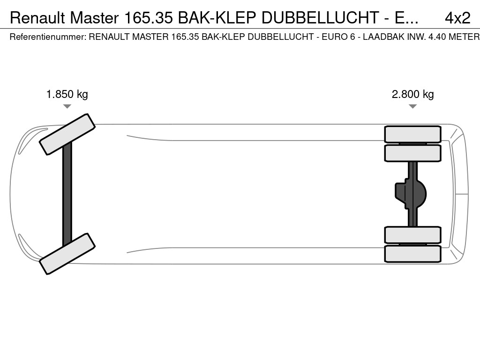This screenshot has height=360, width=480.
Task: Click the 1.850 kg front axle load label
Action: click(x=67, y=94)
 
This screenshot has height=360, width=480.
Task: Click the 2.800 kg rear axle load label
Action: click(x=412, y=94)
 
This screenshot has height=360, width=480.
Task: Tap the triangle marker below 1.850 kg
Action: click(x=67, y=106)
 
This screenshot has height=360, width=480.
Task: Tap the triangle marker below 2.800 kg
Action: click(x=412, y=106)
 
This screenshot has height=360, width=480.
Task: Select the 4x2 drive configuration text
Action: click(x=457, y=18)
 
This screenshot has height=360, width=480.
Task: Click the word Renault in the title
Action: click(x=37, y=18)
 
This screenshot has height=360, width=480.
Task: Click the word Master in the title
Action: click(x=94, y=18)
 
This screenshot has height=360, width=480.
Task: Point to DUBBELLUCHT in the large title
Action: click(x=320, y=18)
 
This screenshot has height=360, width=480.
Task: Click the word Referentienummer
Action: click(x=48, y=37)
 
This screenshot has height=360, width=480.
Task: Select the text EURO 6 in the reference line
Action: click(x=338, y=37)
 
